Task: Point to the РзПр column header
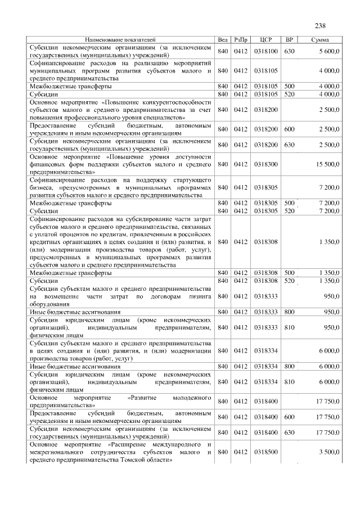coord(241,40)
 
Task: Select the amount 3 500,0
coord(328,452)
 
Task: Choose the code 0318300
coord(266,164)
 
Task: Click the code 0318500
coord(266,452)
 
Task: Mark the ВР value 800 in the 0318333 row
coord(290,312)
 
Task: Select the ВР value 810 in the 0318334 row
coord(290,382)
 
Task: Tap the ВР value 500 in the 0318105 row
coord(290,86)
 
